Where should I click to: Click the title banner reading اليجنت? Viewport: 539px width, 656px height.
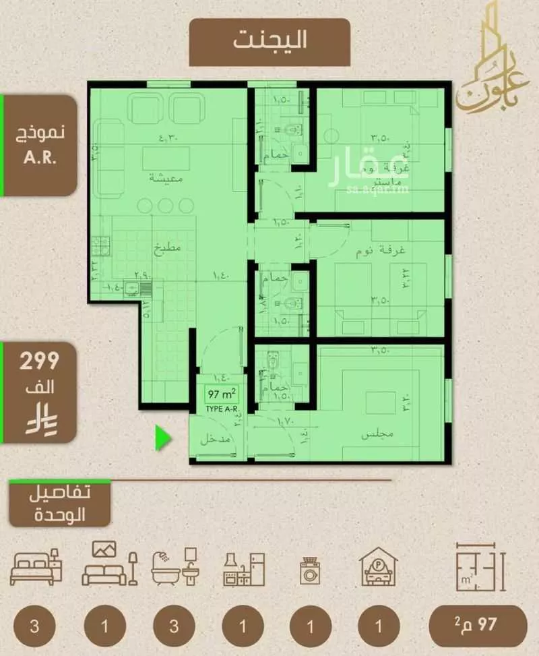click(x=269, y=41)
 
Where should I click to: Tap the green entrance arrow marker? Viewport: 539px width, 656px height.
click(x=163, y=438)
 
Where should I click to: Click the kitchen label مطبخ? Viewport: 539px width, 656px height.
click(x=168, y=246)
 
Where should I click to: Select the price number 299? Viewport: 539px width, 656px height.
click(x=38, y=361)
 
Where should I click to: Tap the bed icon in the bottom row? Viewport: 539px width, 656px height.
click(x=36, y=568)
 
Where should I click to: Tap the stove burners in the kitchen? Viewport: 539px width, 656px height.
click(x=100, y=244)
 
